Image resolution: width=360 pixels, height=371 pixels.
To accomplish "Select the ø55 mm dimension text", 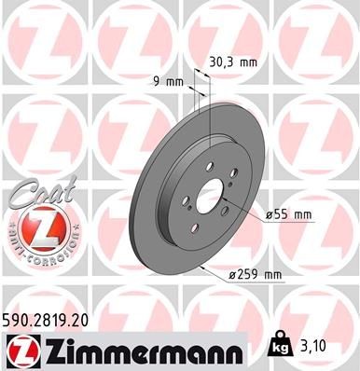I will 288,215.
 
